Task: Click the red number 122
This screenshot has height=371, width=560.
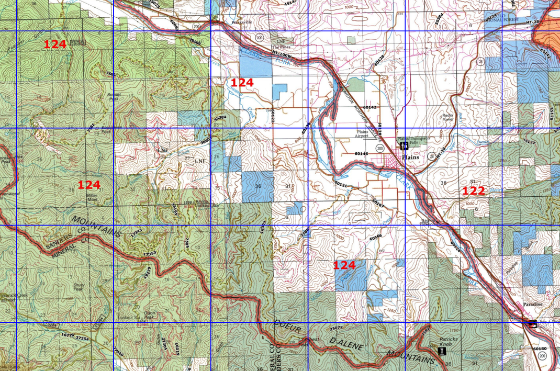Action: pos(473,191)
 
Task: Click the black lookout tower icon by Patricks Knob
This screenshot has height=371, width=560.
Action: pos(442,351)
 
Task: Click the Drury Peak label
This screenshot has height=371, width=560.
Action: pos(78,287)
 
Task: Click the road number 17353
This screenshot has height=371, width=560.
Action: pos(150,253)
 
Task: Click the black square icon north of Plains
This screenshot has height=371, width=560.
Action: pos(404,146)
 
